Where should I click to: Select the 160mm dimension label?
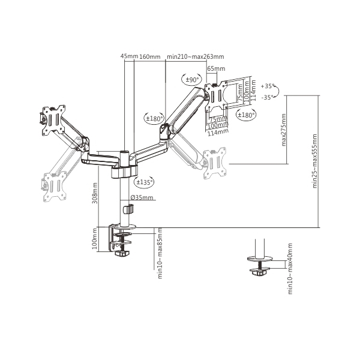pyautogui.click(x=150, y=56)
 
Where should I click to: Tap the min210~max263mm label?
pyautogui.click(x=196, y=56)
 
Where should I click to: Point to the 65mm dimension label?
pyautogui.click(x=216, y=68)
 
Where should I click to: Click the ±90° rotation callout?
pyautogui.click(x=192, y=80)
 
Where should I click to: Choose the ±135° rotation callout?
pyautogui.click(x=144, y=182)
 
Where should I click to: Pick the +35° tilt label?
pyautogui.click(x=268, y=86)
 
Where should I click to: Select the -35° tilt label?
pyautogui.click(x=268, y=97)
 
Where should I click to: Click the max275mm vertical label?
pyautogui.click(x=284, y=130)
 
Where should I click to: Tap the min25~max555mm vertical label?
pyautogui.click(x=314, y=161)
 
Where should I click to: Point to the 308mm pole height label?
pyautogui.click(x=95, y=193)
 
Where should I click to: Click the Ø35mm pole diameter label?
pyautogui.click(x=142, y=197)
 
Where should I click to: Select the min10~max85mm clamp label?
pyautogui.click(x=160, y=253)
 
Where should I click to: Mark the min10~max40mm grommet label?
pyautogui.click(x=290, y=269)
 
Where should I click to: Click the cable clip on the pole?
pyautogui.click(x=128, y=209)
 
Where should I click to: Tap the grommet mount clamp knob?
pyautogui.click(x=259, y=272)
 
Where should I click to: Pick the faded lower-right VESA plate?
pyautogui.click(x=215, y=163)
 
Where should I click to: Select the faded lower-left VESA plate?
pyautogui.click(x=55, y=187)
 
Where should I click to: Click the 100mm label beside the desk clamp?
pyautogui.click(x=94, y=239)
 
